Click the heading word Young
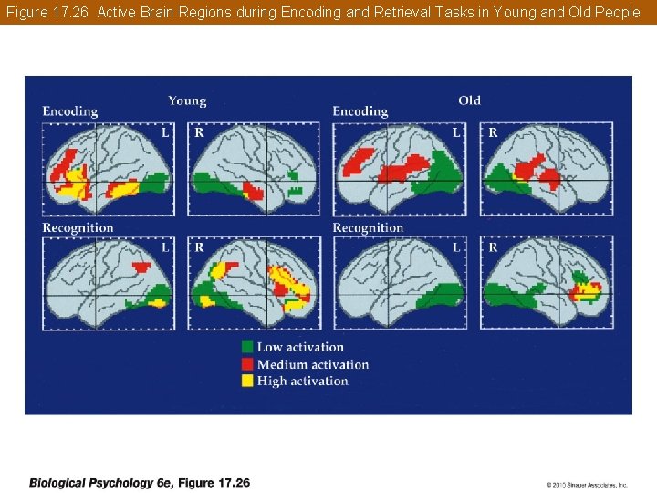[187, 100]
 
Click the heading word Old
[469, 100]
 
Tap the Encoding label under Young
[69, 111]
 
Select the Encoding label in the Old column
[360, 111]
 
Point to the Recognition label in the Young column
[78, 227]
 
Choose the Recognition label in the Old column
[368, 227]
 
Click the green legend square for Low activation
[247, 347]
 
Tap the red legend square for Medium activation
[247, 364]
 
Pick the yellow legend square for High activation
[247, 381]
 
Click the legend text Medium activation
[313, 364]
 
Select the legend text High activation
[302, 381]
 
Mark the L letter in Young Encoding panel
[165, 132]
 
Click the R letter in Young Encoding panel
[199, 132]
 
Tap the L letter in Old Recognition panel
[455, 247]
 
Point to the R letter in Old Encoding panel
[493, 132]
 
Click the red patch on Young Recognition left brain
[141, 267]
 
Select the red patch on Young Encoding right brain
[254, 193]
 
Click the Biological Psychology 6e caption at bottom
[139, 483]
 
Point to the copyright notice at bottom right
[587, 485]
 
